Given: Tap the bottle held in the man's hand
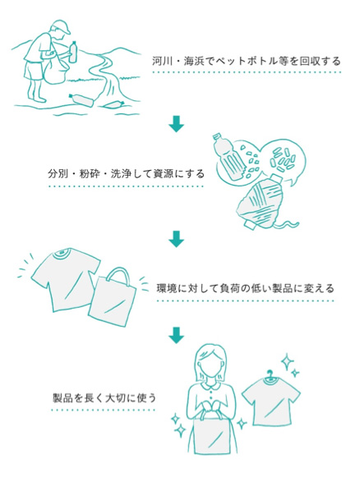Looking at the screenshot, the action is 73,52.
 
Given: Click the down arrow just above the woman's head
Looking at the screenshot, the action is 177,335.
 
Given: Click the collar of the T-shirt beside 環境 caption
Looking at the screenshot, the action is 62,253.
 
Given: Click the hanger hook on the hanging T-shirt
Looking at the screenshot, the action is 270,374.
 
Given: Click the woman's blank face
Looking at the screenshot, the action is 212,370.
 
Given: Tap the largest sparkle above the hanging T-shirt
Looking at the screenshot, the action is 288,362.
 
